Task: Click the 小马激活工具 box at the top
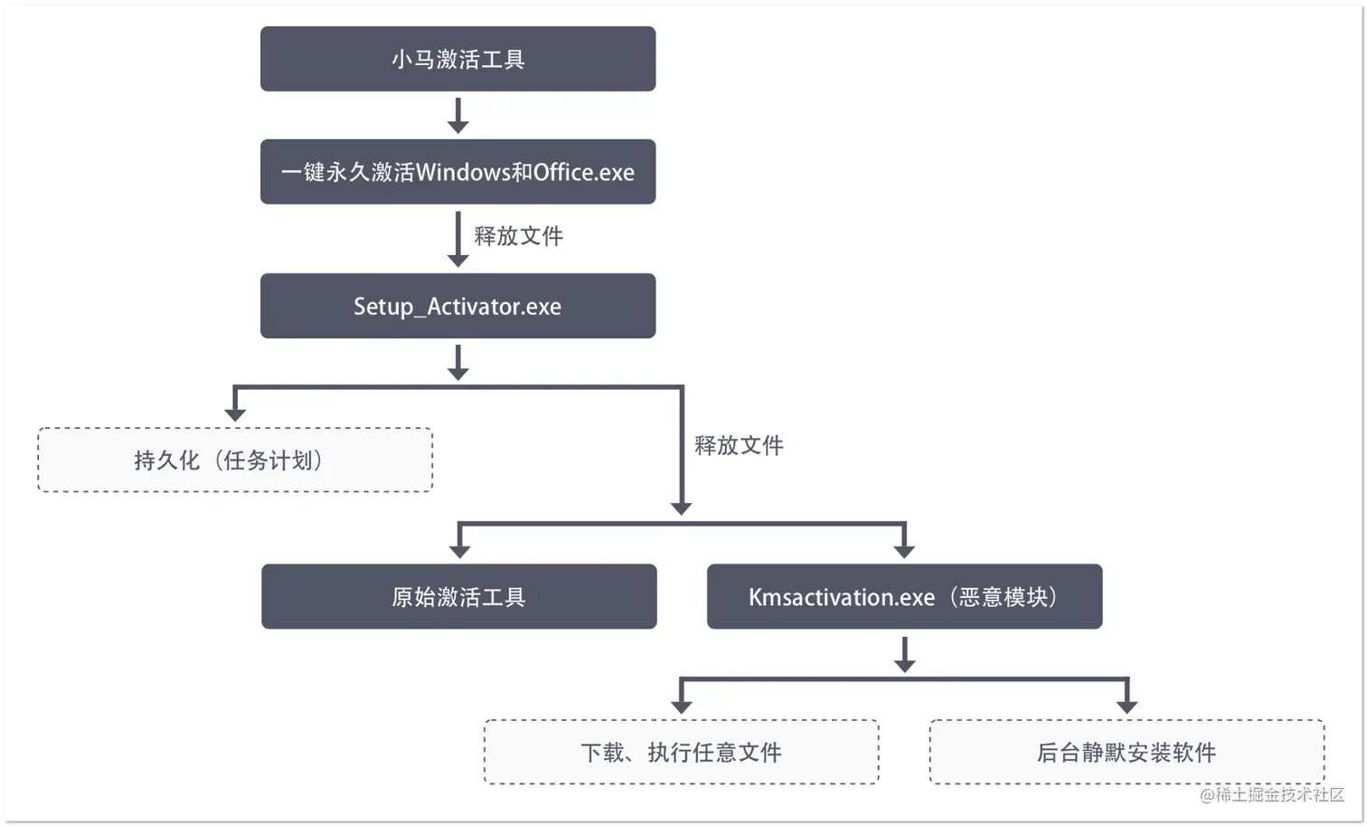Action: pyautogui.click(x=457, y=59)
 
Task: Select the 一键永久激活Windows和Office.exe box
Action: pyautogui.click(x=457, y=172)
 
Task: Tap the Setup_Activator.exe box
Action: pyautogui.click(x=457, y=306)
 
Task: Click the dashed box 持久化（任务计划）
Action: pyautogui.click(x=234, y=460)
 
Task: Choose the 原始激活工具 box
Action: pyautogui.click(x=458, y=596)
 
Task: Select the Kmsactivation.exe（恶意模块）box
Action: pyautogui.click(x=904, y=596)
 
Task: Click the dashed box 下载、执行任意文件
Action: pyautogui.click(x=681, y=752)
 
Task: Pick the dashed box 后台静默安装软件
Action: pyautogui.click(x=1127, y=752)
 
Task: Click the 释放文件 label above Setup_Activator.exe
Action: pyautogui.click(x=518, y=236)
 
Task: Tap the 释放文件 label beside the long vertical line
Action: pyautogui.click(x=739, y=445)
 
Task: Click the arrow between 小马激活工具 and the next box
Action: pyautogui.click(x=458, y=116)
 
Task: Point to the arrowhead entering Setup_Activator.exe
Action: pyautogui.click(x=458, y=261)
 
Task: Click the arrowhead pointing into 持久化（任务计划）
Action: pyautogui.click(x=235, y=414)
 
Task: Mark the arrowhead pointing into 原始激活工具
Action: pyautogui.click(x=459, y=551)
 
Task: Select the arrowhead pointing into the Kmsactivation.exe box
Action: pyautogui.click(x=904, y=551)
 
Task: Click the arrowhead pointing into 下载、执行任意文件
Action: pyautogui.click(x=682, y=707)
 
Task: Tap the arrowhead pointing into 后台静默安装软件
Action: pyautogui.click(x=1127, y=707)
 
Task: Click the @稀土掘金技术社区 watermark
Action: pyautogui.click(x=1271, y=794)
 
